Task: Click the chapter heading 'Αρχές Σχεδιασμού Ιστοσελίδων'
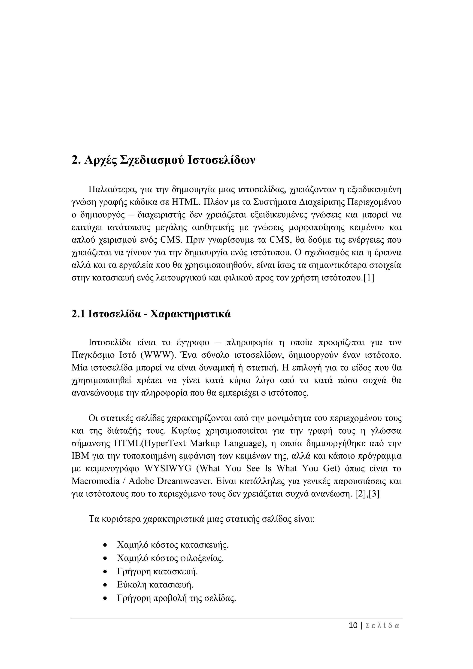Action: pos(170,161)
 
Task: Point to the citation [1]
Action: pos(369,278)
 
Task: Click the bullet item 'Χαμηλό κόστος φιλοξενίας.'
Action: pos(170,558)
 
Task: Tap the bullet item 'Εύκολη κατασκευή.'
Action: pos(155,584)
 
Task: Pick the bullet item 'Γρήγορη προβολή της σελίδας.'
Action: pos(176,598)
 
